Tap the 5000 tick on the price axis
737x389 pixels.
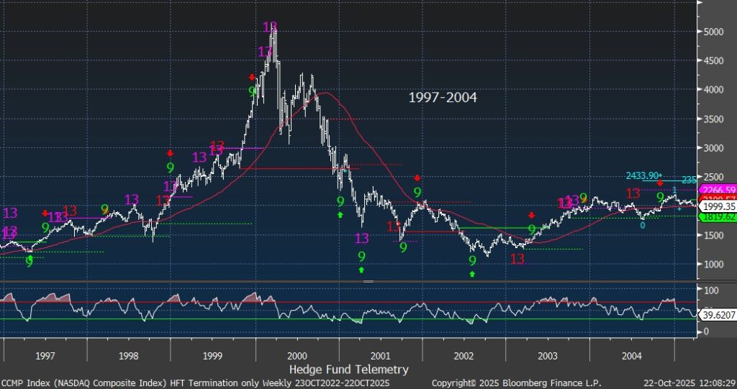(x=715, y=32)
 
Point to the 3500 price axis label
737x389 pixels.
(x=715, y=119)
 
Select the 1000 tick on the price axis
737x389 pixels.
(x=715, y=264)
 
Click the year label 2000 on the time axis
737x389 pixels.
(x=296, y=356)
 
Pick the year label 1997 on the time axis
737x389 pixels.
(x=45, y=356)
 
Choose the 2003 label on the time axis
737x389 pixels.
(x=547, y=356)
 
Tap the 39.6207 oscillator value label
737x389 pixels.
(x=716, y=314)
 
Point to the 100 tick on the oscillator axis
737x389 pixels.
(x=711, y=290)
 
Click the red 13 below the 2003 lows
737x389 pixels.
(x=517, y=259)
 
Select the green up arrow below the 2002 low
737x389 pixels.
(x=472, y=274)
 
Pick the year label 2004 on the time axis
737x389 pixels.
(x=631, y=356)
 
